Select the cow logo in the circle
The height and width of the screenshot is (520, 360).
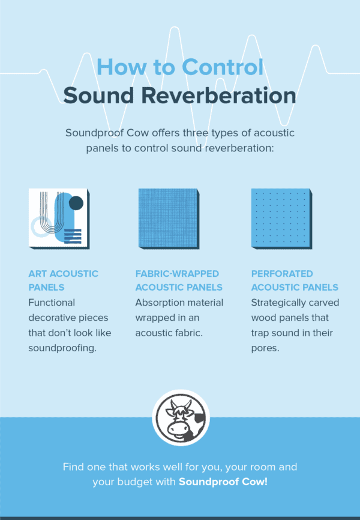coord(180,419)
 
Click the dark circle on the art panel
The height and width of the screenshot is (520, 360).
coord(76,204)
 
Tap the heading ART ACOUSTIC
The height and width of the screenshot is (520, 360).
coord(63,274)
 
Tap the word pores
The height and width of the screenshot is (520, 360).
coord(265,346)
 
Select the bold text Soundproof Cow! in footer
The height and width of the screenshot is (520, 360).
coord(223,482)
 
